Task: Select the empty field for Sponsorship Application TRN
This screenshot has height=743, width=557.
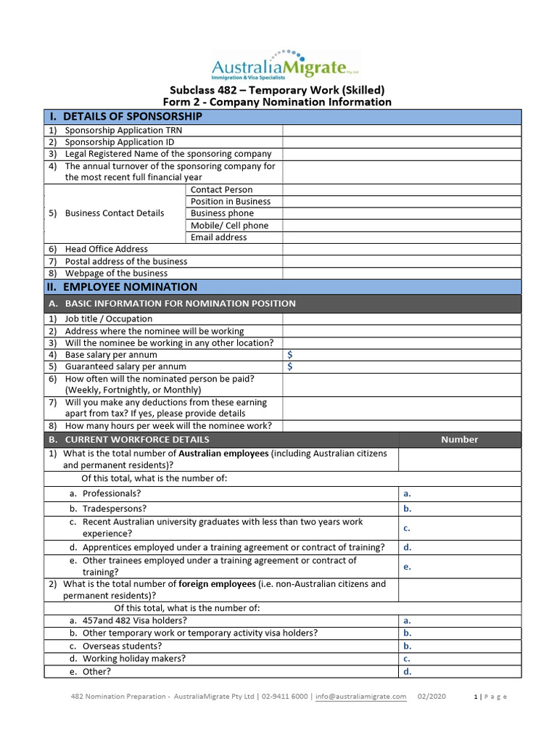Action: tap(401, 131)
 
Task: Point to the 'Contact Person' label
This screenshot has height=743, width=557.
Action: tap(221, 189)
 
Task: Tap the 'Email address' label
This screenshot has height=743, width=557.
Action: tap(218, 237)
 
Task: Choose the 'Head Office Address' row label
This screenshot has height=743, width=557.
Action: tap(106, 249)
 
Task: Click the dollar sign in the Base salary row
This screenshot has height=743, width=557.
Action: tap(290, 355)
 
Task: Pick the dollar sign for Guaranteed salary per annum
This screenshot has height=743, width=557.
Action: tap(290, 367)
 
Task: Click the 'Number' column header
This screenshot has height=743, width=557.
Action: tap(459, 440)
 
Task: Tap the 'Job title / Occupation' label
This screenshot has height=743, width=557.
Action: tap(108, 319)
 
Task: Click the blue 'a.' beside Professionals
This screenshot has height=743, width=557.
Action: tap(407, 493)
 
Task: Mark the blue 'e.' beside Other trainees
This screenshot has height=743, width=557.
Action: tap(407, 567)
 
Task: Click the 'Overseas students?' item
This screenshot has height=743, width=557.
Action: tap(122, 646)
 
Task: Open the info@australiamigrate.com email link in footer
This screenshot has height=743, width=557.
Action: tap(361, 697)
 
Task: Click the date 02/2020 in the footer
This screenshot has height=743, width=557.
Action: tap(432, 697)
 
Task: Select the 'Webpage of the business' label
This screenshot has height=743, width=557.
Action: tap(116, 274)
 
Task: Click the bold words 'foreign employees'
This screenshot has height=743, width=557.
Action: tap(217, 584)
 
